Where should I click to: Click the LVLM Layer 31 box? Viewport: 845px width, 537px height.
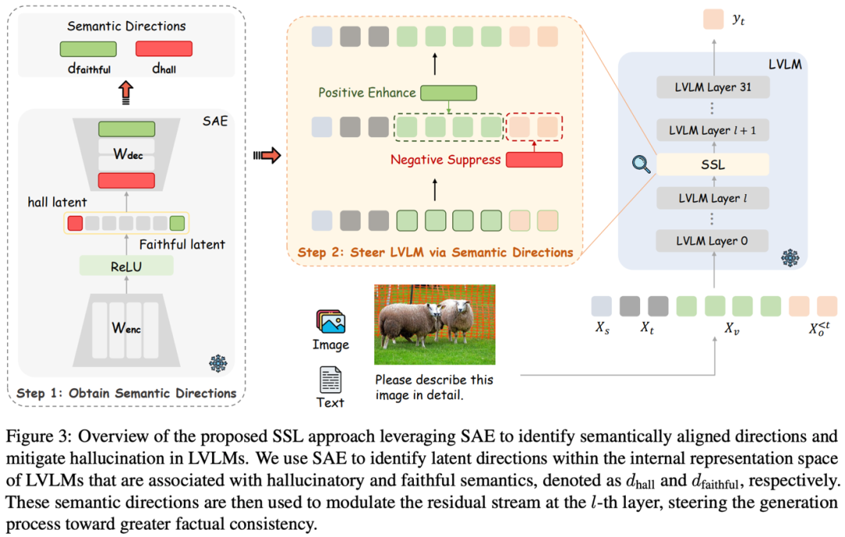click(x=713, y=88)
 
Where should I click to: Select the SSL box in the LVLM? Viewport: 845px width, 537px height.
click(x=713, y=164)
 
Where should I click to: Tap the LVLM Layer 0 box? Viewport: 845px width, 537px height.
click(x=713, y=241)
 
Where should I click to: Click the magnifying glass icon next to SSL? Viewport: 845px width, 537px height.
click(x=641, y=164)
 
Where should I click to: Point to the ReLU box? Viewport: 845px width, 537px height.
click(x=126, y=266)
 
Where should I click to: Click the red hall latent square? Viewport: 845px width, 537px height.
click(x=75, y=223)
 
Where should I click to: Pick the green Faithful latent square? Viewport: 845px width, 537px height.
click(x=177, y=223)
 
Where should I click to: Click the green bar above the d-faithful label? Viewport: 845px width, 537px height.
click(x=88, y=49)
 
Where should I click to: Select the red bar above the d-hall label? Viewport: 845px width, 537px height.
click(x=164, y=49)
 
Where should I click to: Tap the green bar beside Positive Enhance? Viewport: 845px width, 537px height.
click(x=448, y=92)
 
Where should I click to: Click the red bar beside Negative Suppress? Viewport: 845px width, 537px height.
click(x=534, y=160)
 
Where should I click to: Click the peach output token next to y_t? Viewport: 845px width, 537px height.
click(x=713, y=20)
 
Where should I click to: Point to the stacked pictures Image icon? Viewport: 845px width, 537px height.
click(x=330, y=322)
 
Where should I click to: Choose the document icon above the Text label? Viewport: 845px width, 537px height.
click(x=330, y=380)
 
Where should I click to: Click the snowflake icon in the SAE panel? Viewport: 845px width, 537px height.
click(x=218, y=363)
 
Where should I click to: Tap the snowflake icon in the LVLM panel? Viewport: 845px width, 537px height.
click(x=789, y=258)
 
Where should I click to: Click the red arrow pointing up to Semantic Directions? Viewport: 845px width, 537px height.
click(x=125, y=92)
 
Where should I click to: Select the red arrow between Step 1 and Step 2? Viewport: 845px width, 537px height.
click(x=268, y=156)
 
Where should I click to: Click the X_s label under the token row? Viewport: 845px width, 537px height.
click(x=602, y=327)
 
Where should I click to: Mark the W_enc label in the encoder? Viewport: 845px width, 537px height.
click(x=126, y=328)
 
